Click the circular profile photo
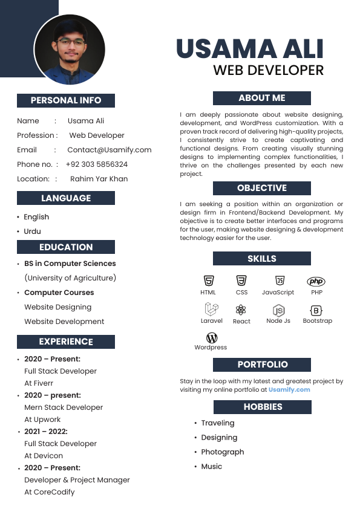pyautogui.click(x=70, y=49)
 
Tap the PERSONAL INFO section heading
pyautogui.click(x=66, y=100)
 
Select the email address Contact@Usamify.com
pyautogui.click(x=109, y=150)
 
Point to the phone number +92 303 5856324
pyautogui.click(x=96, y=164)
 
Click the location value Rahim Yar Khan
pyautogui.click(x=99, y=179)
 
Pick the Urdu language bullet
pyautogui.click(x=33, y=232)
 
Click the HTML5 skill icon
pyautogui.click(x=208, y=280)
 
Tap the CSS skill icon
pyautogui.click(x=241, y=280)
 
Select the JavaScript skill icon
pyautogui.click(x=280, y=280)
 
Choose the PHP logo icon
pyautogui.click(x=316, y=281)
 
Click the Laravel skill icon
pyautogui.click(x=211, y=309)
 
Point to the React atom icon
pyautogui.click(x=241, y=310)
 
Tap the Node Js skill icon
pyautogui.click(x=278, y=310)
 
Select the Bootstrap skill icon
pyautogui.click(x=316, y=310)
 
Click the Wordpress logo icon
pyautogui.click(x=211, y=338)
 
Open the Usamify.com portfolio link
pyautogui.click(x=289, y=390)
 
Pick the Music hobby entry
pyautogui.click(x=212, y=467)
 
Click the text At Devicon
pyautogui.click(x=44, y=456)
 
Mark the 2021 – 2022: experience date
pyautogui.click(x=46, y=432)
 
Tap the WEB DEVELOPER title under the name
pyautogui.click(x=268, y=70)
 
